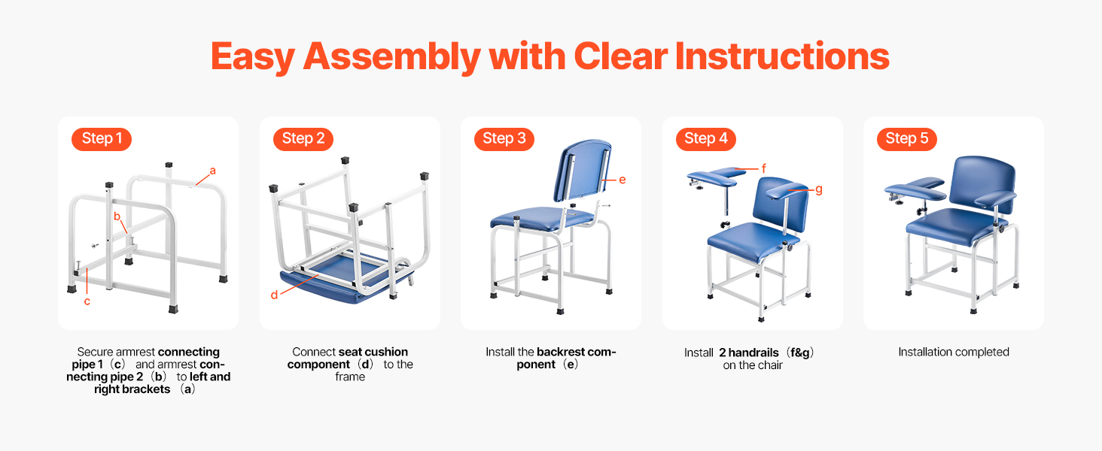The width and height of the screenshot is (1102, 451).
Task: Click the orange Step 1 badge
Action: point(102,139)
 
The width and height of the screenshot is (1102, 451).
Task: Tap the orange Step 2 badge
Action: point(303,139)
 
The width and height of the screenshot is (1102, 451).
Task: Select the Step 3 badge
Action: point(504,139)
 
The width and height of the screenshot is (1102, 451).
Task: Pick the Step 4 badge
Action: point(706,139)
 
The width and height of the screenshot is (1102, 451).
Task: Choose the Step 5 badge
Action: point(907,139)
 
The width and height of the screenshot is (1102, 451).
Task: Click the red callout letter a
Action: point(212,171)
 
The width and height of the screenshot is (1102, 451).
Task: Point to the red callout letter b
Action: point(117,216)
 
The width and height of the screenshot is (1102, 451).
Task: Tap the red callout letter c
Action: point(87,301)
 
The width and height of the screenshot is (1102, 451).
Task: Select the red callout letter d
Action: point(274,295)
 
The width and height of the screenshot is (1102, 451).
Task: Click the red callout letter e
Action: point(623,180)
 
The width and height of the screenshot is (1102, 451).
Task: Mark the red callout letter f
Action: point(763,168)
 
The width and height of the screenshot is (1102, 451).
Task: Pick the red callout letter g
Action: point(819,189)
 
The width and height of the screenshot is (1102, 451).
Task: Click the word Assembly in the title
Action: point(392,57)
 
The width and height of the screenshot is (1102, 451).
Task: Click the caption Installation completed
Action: point(954,352)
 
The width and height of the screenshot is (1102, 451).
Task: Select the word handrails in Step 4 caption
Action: point(753,353)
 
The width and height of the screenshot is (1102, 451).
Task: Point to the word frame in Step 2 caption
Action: point(350,377)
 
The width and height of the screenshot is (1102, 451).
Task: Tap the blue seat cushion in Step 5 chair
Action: point(954,226)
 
